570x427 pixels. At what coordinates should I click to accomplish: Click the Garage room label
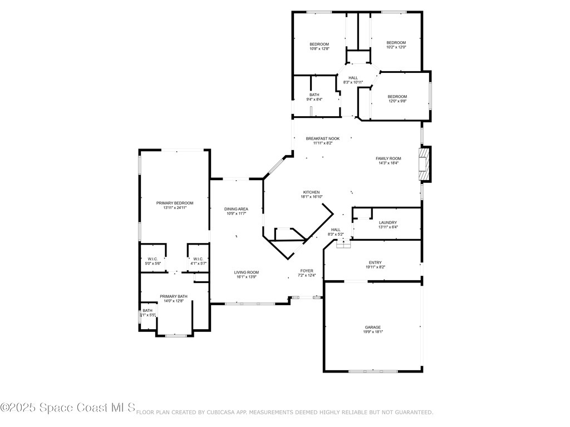click(x=373, y=327)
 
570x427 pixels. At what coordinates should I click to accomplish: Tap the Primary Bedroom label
click(x=174, y=203)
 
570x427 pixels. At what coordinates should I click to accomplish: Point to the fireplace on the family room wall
click(x=425, y=163)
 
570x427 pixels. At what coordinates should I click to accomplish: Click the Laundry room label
click(x=387, y=222)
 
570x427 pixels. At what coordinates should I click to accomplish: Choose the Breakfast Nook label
click(x=322, y=138)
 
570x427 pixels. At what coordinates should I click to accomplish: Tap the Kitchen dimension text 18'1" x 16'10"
click(x=311, y=196)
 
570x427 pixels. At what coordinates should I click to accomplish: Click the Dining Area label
click(x=236, y=209)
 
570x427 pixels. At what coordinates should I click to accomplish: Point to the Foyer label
click(x=307, y=271)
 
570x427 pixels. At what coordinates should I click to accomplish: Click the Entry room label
click(x=375, y=262)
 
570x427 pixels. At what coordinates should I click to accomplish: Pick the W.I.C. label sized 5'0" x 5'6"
click(x=153, y=259)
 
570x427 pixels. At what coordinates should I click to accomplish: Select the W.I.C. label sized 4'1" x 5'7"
click(x=199, y=259)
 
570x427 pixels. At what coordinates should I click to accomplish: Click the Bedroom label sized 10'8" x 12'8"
click(x=320, y=44)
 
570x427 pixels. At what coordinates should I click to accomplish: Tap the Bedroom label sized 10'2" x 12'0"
click(x=396, y=42)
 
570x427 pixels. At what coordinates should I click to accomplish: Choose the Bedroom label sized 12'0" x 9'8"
click(x=397, y=96)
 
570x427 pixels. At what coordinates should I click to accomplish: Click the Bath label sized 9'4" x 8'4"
click(x=315, y=95)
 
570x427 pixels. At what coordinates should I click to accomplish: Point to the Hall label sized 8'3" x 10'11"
click(x=353, y=78)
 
